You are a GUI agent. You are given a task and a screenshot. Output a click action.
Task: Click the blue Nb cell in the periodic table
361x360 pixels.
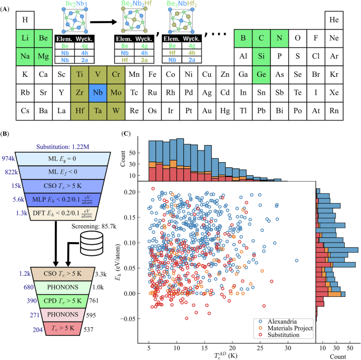[98, 93]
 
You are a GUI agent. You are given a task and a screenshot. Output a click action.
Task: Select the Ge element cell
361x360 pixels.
[261, 75]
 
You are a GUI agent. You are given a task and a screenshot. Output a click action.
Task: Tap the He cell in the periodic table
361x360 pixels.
[334, 20]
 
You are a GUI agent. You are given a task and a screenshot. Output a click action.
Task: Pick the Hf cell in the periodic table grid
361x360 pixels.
[80, 111]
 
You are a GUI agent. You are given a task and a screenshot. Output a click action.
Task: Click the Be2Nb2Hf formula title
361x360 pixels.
[136, 4]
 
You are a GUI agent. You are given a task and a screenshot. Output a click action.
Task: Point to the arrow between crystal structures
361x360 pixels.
[104, 22]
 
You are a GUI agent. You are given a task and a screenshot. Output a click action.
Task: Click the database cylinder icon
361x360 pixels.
[91, 243]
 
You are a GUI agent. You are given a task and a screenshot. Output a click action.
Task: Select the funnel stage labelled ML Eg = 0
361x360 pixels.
[63, 159]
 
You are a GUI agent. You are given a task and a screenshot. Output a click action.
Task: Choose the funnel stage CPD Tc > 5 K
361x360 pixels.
[63, 301]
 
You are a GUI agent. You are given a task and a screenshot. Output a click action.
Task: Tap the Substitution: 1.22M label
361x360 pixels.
[63, 147]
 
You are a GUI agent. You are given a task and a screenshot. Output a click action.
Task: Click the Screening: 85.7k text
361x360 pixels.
[94, 226]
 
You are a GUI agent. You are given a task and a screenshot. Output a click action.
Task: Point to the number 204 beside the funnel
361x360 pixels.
[38, 330]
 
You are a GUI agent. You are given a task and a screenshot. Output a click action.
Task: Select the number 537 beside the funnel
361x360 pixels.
[89, 329]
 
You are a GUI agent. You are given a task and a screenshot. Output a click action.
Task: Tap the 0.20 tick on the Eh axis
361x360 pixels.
[130, 192]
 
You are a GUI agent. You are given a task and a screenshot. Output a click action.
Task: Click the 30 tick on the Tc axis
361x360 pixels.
[288, 348]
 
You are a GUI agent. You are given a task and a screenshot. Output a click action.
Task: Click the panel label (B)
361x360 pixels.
[5, 134]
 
